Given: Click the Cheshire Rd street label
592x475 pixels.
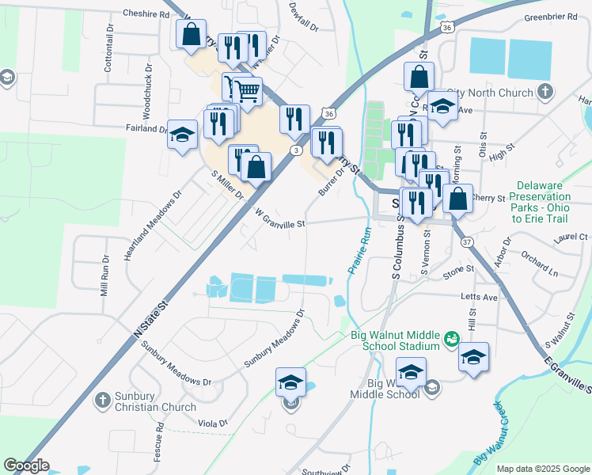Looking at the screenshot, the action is (147, 14).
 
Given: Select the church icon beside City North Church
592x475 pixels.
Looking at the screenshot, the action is (544, 93).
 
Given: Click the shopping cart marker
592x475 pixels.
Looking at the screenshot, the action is (247, 93).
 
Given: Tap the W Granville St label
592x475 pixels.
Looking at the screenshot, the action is (280, 218).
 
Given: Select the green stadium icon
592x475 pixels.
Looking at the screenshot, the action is (451, 340).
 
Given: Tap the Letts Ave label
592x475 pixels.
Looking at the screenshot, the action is (480, 297).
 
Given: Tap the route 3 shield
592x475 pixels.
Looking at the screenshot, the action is (296, 150).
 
